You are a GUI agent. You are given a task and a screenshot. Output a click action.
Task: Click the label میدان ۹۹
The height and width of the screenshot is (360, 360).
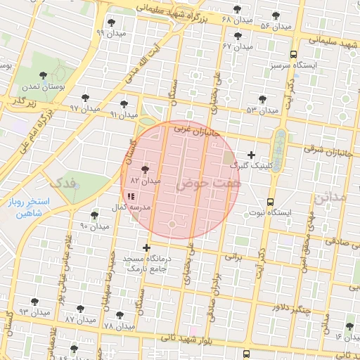(111, 33)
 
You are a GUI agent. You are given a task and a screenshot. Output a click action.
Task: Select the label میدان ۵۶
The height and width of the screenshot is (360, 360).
(275, 26)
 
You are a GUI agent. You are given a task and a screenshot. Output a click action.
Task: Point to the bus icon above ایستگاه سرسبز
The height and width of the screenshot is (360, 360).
(293, 53)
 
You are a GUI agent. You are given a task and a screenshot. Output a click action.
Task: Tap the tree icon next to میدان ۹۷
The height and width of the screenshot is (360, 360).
(86, 98)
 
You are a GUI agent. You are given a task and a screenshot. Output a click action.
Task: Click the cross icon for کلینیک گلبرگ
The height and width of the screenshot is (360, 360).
(252, 154)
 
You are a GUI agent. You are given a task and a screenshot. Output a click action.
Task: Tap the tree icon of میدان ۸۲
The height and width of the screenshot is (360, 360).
(145, 169)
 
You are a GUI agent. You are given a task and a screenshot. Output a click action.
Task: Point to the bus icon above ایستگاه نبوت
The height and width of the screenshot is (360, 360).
(270, 201)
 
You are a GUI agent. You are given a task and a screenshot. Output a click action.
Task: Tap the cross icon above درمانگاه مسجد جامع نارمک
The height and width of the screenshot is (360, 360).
(146, 247)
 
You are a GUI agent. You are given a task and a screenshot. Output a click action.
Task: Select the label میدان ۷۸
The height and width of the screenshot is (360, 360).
(118, 326)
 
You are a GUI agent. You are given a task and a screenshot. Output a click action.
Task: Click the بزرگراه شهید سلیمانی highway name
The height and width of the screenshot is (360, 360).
(179, 13)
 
